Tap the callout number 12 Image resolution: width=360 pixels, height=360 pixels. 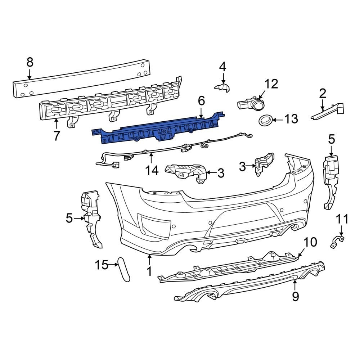pyautogui.click(x=271, y=84)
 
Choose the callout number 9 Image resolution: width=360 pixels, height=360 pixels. pyautogui.click(x=295, y=296)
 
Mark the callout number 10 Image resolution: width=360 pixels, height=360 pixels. pyautogui.click(x=311, y=242)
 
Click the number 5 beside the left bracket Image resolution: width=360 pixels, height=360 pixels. pyautogui.click(x=69, y=218)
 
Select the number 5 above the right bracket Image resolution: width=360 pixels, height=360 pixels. pyautogui.click(x=331, y=139)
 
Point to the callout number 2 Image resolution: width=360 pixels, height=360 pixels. pyautogui.click(x=323, y=94)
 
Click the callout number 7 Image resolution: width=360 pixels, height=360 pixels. pyautogui.click(x=57, y=136)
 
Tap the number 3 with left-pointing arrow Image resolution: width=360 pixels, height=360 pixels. pyautogui.click(x=220, y=174)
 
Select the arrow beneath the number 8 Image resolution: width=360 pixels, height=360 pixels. pyautogui.click(x=30, y=75)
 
